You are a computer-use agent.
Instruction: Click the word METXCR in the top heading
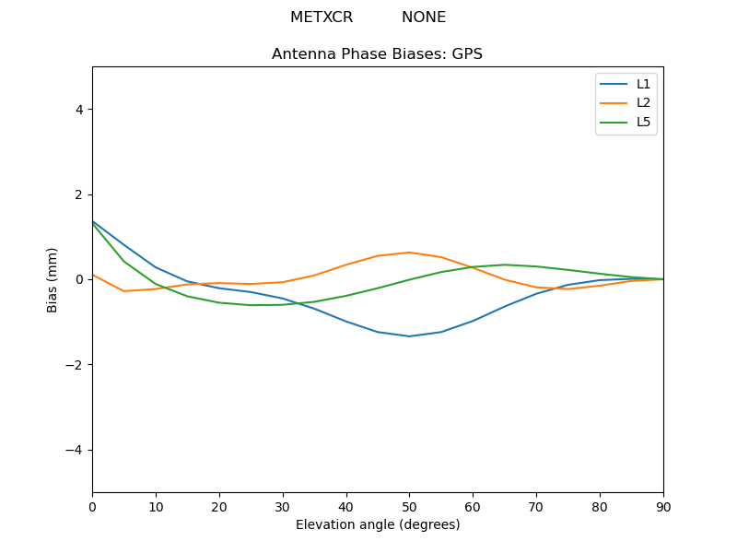322,18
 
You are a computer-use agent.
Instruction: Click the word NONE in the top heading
424,18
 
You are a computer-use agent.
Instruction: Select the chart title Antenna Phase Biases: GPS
377,54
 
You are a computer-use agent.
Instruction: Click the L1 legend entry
643,84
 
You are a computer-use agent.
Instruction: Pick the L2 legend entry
643,102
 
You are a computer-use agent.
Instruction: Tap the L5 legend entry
643,122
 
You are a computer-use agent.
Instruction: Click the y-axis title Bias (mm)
53,279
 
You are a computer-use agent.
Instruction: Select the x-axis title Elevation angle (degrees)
378,524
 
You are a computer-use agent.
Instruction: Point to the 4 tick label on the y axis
79,110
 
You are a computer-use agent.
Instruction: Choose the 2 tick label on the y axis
79,194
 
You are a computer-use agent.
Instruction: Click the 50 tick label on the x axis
409,506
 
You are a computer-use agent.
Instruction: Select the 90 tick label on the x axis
662,506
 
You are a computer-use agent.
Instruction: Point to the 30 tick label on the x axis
283,506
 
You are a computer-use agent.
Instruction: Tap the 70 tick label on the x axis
536,506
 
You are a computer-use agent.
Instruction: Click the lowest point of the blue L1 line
409,336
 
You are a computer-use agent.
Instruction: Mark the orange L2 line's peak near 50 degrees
409,253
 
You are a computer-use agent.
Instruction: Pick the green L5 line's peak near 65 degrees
505,265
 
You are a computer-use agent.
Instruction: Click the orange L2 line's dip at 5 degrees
124,291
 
